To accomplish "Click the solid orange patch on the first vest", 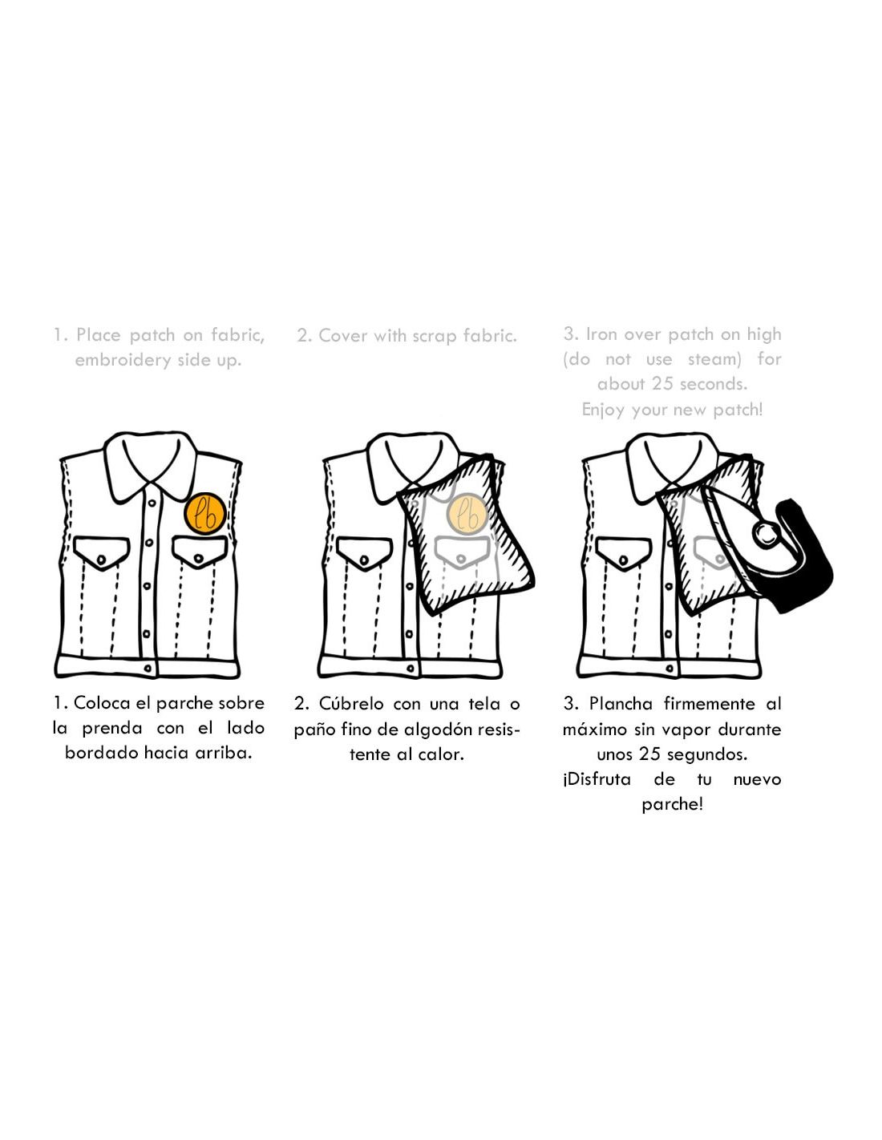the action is click(205, 514).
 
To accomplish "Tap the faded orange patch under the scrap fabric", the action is click(467, 514).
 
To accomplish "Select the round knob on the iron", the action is click(766, 534).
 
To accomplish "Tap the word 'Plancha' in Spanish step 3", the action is click(620, 704).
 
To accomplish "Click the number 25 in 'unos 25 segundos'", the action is click(649, 754).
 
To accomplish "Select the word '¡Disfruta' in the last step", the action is click(597, 779).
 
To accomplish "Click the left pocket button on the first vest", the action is click(102, 557).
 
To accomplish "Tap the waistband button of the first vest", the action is click(148, 669).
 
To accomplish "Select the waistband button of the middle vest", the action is click(410, 669).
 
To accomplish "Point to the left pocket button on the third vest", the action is click(623, 560).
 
